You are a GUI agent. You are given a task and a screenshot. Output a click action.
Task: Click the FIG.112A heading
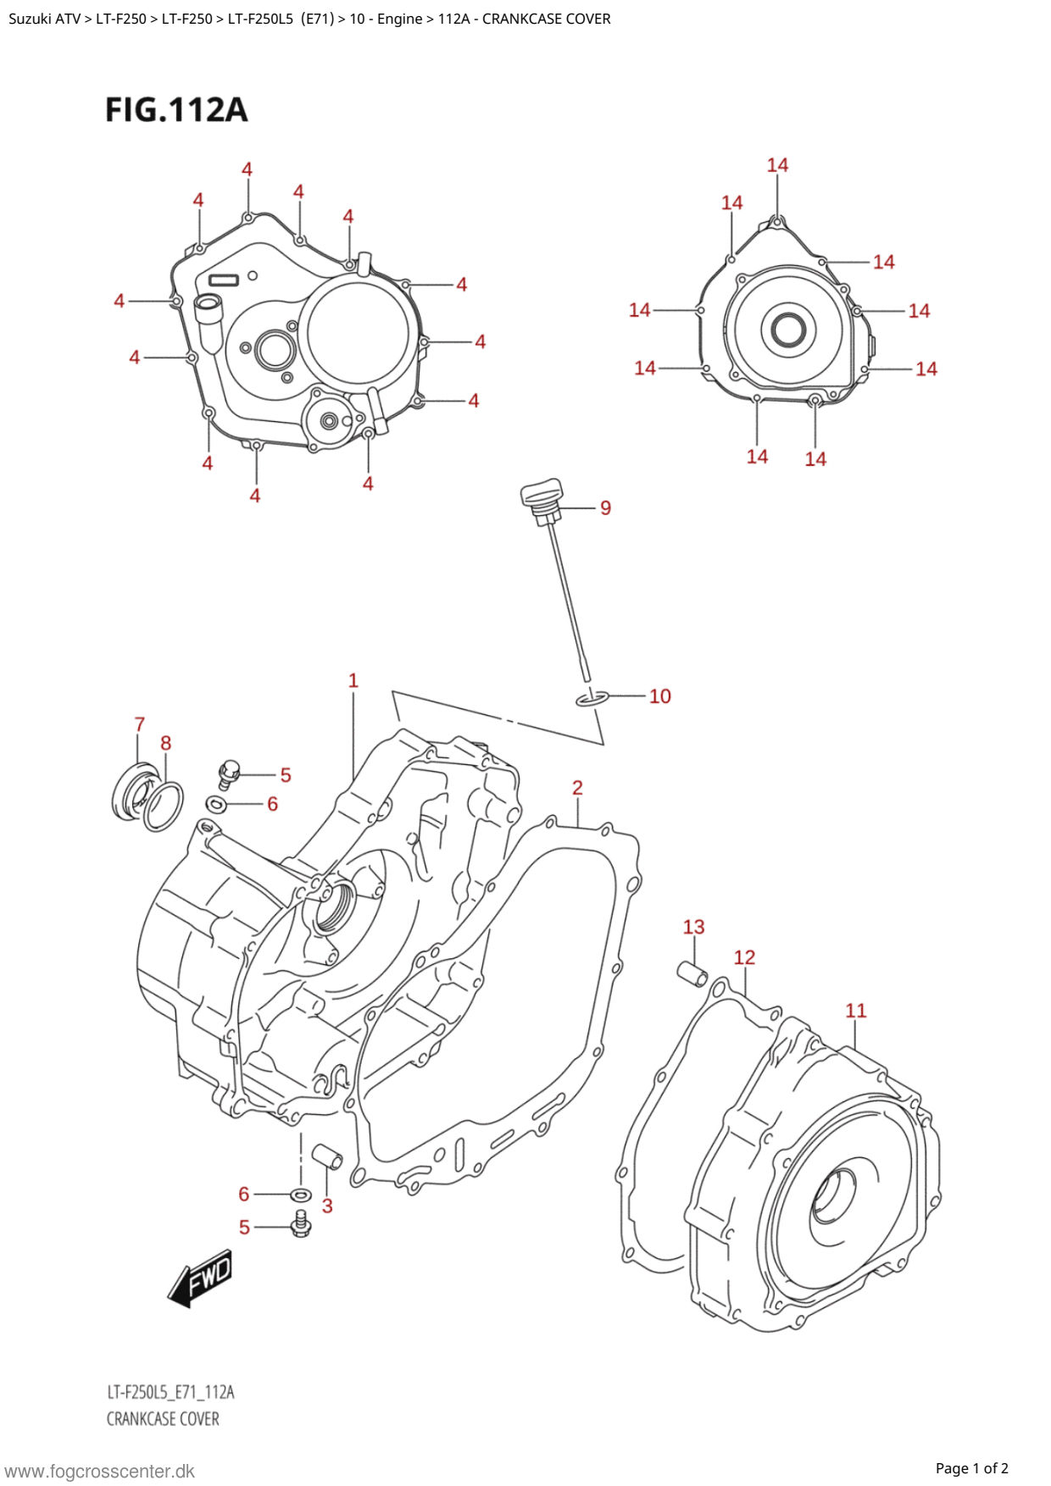(176, 110)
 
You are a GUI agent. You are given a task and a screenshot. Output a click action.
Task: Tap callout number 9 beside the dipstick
(605, 508)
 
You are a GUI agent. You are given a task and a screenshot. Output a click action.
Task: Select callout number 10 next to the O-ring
(659, 696)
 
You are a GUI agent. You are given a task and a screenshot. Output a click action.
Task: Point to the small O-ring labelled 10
(592, 698)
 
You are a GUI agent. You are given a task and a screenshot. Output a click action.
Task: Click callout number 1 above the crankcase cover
(353, 680)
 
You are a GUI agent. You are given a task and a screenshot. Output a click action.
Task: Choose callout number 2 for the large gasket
(577, 788)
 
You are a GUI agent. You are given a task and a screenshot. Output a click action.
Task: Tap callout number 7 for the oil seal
(140, 724)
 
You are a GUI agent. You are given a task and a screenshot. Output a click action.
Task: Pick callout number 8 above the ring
(166, 743)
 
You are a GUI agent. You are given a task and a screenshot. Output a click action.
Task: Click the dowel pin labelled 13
(692, 974)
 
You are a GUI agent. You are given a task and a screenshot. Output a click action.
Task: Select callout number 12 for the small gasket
(744, 957)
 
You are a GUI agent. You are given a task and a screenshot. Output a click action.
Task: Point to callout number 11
(856, 1011)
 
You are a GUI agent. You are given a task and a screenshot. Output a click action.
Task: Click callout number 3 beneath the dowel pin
(327, 1206)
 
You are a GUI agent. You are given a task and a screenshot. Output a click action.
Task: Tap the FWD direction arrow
(200, 1278)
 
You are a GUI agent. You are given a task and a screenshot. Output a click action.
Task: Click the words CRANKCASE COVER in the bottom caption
(163, 1419)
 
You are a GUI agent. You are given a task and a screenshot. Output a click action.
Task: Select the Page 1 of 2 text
(971, 1468)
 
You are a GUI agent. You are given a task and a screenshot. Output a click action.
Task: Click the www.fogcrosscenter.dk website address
(100, 1472)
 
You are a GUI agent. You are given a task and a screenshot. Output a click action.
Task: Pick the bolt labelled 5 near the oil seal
(228, 773)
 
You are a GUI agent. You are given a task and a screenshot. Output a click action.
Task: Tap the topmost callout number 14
(777, 165)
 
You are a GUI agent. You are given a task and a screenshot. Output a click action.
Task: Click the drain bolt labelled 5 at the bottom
(299, 1224)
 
